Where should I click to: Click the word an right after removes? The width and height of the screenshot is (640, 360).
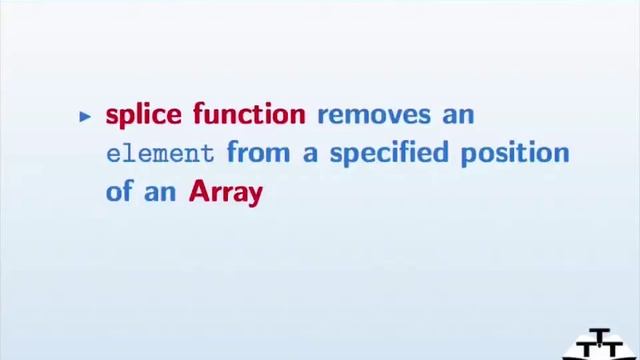(459, 115)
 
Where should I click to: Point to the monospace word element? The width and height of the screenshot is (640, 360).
(160, 154)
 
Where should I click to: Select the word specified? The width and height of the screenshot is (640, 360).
(388, 154)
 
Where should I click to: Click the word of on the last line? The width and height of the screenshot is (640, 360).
(120, 191)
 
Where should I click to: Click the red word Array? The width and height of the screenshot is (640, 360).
(225, 192)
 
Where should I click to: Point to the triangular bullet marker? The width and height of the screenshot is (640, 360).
(85, 116)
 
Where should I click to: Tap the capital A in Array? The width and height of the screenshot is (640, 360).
(198, 191)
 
